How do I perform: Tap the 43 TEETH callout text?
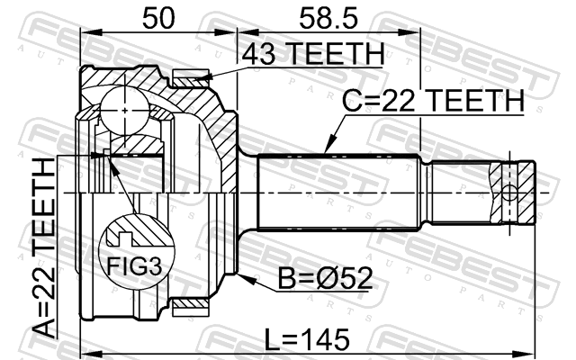click(x=312, y=54)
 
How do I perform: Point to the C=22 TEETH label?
click(x=433, y=100)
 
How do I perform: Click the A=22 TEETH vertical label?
click(x=44, y=248)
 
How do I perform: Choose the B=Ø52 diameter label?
click(x=326, y=278)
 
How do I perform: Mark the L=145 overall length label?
click(x=307, y=339)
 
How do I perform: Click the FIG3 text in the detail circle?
click(x=134, y=266)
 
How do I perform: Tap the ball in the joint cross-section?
click(x=125, y=110)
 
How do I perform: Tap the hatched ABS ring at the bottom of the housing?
click(x=190, y=303)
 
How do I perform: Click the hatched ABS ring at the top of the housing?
click(x=190, y=82)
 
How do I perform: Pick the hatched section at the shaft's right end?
click(x=512, y=192)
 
